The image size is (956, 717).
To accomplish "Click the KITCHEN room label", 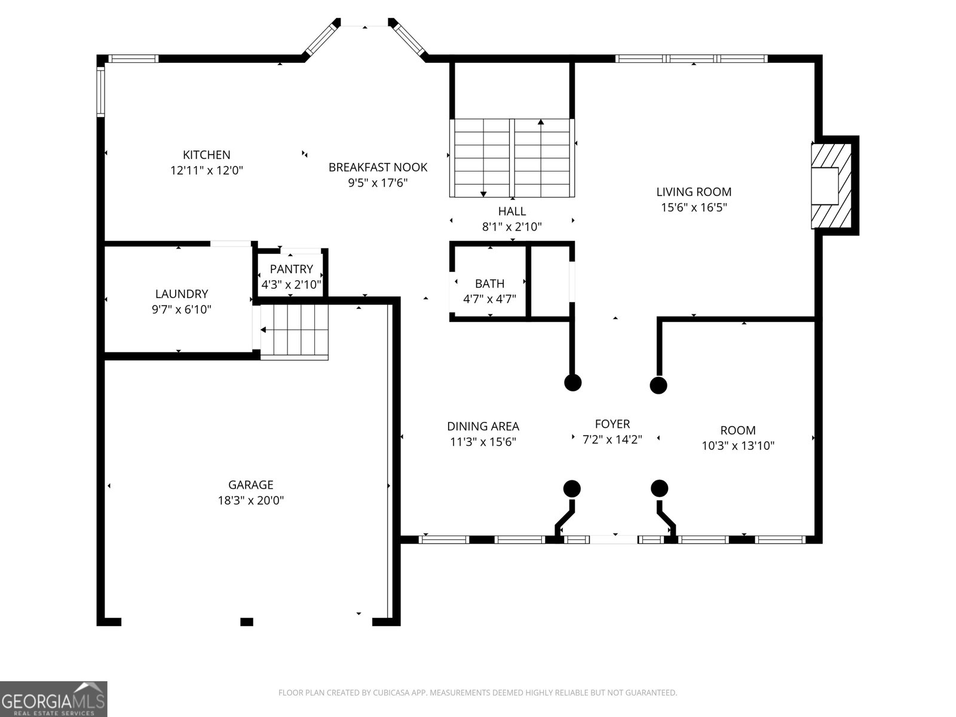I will pos(206,155).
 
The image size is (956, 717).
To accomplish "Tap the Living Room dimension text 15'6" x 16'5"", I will pos(694,207).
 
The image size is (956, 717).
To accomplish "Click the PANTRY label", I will pos(291,269).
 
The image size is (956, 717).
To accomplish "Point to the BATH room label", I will pos(489,284).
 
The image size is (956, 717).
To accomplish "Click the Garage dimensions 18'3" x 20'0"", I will pos(250,501).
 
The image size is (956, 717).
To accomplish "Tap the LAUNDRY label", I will pos(182,294).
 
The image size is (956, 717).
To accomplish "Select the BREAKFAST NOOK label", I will pos(378,167).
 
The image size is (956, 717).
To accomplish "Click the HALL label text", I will pos(512,211).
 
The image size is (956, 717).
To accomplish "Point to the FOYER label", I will pos(612,424).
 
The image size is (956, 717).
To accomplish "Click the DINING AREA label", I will pos(483,427).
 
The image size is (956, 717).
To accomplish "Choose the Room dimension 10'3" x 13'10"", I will pos(738,445).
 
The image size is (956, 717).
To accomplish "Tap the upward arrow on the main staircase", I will pos(541,123).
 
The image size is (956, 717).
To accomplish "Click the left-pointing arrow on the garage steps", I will pos(263,329).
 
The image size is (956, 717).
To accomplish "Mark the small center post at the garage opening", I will pos(247,622).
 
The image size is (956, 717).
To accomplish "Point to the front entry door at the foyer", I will pos(614,540).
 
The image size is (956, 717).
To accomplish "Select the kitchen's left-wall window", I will pos(101,91).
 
